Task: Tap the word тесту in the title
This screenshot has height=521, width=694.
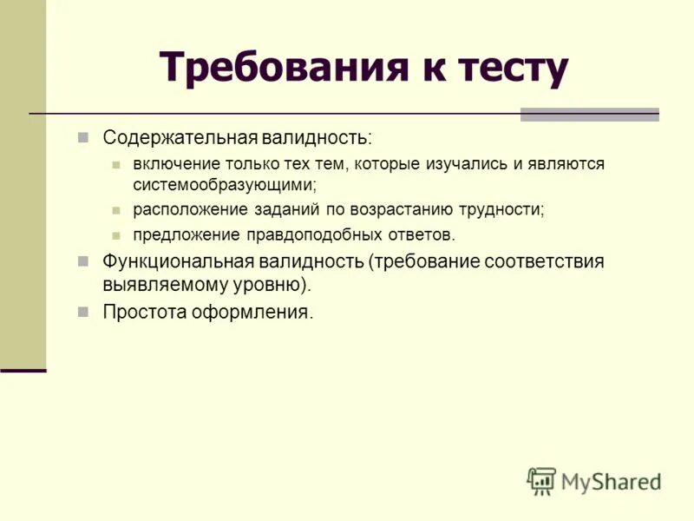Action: tap(507, 67)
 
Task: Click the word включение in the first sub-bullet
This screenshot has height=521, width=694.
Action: tap(173, 164)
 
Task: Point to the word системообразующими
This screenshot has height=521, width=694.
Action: tap(223, 184)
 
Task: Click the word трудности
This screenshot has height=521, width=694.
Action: tap(504, 210)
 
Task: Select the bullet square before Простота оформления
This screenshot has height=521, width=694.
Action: tap(84, 311)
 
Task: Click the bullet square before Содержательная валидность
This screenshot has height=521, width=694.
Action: tap(84, 138)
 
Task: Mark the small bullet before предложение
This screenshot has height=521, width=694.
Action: tap(117, 235)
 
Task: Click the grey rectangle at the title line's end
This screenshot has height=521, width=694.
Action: tap(589, 114)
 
